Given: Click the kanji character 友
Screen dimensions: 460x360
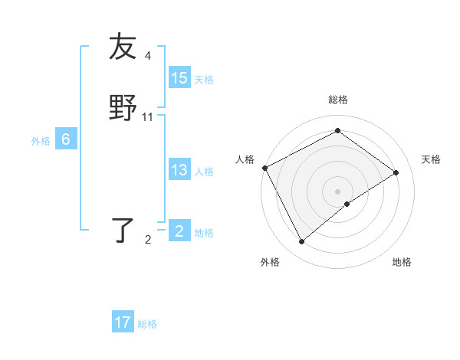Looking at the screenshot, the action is pyautogui.click(x=123, y=47).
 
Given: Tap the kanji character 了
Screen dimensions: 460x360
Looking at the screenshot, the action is pyautogui.click(x=123, y=231).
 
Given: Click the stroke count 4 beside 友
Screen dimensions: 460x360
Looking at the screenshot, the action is pyautogui.click(x=148, y=56).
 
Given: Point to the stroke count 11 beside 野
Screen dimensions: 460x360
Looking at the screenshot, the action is pyautogui.click(x=148, y=117).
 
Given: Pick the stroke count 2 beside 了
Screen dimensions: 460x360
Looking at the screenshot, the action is pyautogui.click(x=148, y=240).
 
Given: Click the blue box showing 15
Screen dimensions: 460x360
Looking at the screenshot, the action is pyautogui.click(x=179, y=78).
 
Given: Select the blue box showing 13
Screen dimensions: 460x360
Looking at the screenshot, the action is pyautogui.click(x=179, y=170).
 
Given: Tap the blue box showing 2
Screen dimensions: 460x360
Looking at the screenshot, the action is pyautogui.click(x=179, y=231).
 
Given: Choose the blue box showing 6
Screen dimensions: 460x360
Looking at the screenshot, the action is pyautogui.click(x=66, y=139).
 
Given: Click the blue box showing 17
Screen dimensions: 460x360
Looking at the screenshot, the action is pyautogui.click(x=123, y=322).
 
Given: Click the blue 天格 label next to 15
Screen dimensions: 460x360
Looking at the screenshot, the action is pyautogui.click(x=204, y=80).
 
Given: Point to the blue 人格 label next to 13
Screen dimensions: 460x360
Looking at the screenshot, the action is pyautogui.click(x=204, y=172).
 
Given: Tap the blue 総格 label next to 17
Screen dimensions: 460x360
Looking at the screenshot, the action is pyautogui.click(x=147, y=324).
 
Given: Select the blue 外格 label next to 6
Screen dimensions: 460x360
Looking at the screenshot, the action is pyautogui.click(x=41, y=141).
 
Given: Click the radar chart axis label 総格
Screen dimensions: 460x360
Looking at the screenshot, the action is pyautogui.click(x=337, y=100).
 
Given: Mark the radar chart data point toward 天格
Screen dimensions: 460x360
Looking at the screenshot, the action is pyautogui.click(x=396, y=172).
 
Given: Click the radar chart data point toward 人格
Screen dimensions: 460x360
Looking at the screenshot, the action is pyautogui.click(x=264, y=168).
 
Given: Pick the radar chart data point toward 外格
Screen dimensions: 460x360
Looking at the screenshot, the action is pyautogui.click(x=301, y=242).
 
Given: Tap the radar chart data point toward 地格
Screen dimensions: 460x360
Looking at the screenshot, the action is pyautogui.click(x=347, y=204).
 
